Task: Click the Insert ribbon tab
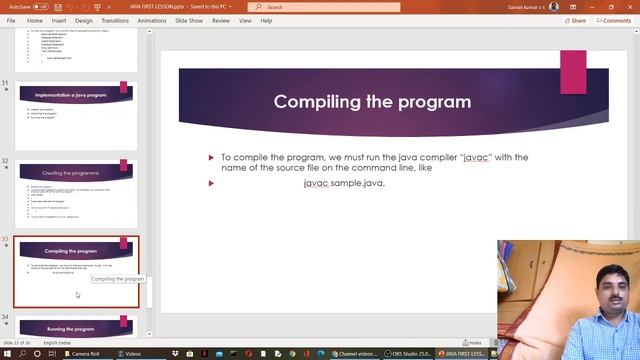(x=59, y=20)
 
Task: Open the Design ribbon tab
(x=84, y=20)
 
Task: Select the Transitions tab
(x=115, y=20)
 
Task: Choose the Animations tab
(x=152, y=20)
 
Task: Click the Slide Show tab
(x=189, y=20)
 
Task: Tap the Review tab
(x=221, y=20)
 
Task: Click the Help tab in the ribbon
(x=266, y=20)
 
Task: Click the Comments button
(x=613, y=20)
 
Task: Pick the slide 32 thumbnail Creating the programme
(x=76, y=190)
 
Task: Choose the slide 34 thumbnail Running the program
(x=76, y=326)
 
